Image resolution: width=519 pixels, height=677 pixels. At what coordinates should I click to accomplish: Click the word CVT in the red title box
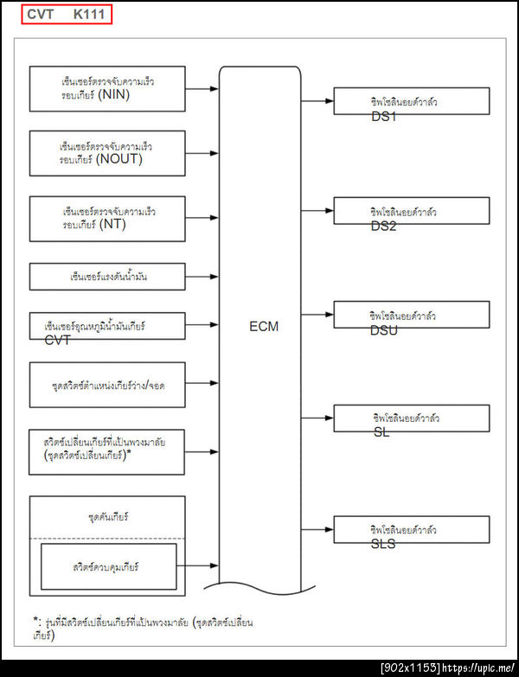pos(41,15)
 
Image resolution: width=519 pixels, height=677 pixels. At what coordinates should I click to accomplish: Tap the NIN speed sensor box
pos(107,88)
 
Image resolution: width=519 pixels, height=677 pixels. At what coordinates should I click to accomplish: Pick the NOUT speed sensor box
pos(107,153)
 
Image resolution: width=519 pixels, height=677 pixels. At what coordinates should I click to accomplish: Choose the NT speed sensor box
pos(107,218)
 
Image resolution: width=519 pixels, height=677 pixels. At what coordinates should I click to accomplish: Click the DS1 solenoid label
pos(383,117)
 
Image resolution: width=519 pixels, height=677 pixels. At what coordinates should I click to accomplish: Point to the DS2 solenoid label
pos(383,226)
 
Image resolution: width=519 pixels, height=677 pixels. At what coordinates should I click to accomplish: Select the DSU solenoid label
pos(384,330)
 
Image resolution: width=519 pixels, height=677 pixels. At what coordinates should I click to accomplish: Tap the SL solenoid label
pos(381,431)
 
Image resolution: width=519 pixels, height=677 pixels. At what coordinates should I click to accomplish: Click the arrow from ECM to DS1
pos(321,100)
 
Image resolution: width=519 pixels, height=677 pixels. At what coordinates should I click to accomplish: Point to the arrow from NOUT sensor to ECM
pos(202,154)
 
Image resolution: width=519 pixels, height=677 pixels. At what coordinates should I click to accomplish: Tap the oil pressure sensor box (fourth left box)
pos(107,277)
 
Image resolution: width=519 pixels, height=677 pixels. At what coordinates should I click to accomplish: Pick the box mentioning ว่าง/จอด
pos(107,384)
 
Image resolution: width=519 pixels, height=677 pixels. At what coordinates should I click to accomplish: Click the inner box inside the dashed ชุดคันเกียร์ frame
pos(108,566)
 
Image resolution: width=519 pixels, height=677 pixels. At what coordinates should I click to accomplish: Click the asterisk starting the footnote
pos(36,621)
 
